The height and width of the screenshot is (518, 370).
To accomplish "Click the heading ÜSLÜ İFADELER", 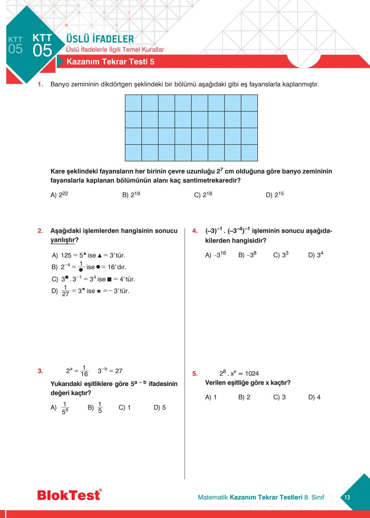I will click(x=100, y=39).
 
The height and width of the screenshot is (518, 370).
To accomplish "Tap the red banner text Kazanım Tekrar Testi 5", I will click(x=110, y=62).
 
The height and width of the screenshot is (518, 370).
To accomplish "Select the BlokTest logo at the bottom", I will click(x=69, y=495).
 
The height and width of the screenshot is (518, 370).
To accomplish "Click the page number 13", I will click(x=347, y=497).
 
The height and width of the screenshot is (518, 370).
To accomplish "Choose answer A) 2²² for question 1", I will click(x=59, y=195).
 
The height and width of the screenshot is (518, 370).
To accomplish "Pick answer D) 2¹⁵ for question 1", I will click(x=275, y=195).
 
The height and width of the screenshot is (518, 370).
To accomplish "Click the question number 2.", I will click(x=40, y=231).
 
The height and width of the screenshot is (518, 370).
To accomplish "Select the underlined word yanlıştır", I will click(x=62, y=240).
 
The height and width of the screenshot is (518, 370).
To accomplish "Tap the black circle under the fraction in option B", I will click(x=81, y=270).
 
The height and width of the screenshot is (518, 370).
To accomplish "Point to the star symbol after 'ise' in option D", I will click(x=99, y=291).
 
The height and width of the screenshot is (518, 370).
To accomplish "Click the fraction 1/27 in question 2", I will click(x=65, y=291).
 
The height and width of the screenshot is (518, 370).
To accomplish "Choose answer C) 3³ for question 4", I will click(x=281, y=255).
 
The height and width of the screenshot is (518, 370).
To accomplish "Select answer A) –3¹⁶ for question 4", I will click(x=215, y=255).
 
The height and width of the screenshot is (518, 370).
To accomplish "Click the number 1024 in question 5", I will click(x=252, y=373).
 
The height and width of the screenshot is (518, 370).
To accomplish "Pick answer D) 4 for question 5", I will click(x=314, y=397).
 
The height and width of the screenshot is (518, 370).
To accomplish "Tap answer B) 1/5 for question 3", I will click(x=95, y=407).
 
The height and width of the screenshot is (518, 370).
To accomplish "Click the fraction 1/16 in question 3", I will click(x=84, y=371).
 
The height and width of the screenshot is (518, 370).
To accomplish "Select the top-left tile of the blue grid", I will click(x=133, y=103).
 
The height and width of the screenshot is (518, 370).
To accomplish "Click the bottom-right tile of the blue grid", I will click(x=249, y=153).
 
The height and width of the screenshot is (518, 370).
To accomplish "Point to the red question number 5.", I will click(x=195, y=373).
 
